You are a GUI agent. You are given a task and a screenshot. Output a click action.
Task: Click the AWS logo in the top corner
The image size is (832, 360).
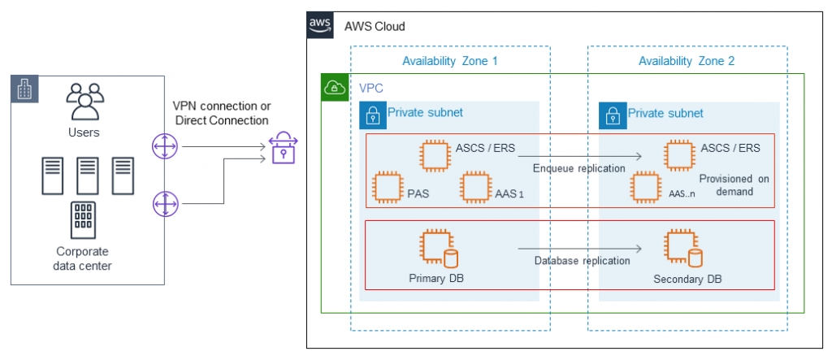coord(320,26)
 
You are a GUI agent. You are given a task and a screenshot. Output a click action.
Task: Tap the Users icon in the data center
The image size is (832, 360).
coord(85,102)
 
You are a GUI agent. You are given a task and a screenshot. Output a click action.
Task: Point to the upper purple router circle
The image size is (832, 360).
coord(165,147)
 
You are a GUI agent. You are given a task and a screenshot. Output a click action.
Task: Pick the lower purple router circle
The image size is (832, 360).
coord(165,203)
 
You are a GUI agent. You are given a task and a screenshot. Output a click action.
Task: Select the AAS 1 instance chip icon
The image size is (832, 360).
coord(474,187)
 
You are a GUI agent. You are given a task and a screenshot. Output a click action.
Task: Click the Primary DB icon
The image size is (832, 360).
coord(437,247)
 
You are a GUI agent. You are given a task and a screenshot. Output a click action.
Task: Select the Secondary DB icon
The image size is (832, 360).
coord(681,247)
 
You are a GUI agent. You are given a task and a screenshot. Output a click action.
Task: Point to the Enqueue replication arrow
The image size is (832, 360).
coord(580,156)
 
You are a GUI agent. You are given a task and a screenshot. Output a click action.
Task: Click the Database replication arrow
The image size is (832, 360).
coord(580,249)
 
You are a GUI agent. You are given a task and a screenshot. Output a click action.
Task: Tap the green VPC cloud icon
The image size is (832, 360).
coord(332,88)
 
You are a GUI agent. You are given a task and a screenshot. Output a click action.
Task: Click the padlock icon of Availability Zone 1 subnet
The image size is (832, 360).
coord(372,115)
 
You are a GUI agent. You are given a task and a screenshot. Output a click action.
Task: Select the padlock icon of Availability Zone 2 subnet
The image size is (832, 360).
coord(612,115)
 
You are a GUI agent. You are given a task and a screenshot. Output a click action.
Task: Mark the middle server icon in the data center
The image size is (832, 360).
coord(87,176)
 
